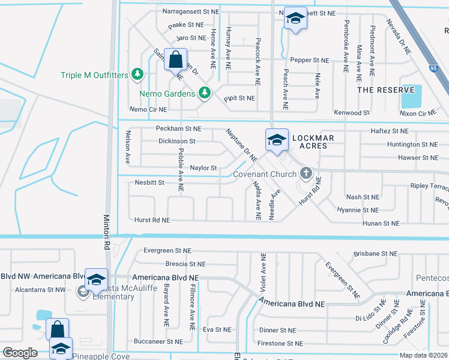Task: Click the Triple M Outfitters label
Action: (x=95, y=75)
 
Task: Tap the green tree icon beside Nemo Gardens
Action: (x=205, y=92)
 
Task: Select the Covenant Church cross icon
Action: (x=306, y=174)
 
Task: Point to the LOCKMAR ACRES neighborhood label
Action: (x=310, y=142)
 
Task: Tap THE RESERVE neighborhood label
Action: (x=378, y=90)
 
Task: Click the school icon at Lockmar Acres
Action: (x=276, y=140)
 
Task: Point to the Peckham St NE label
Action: (x=179, y=129)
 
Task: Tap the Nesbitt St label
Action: (x=149, y=182)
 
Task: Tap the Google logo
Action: (x=20, y=353)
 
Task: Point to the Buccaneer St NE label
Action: (x=158, y=341)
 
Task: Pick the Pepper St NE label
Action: (x=310, y=61)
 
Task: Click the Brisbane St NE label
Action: (x=376, y=254)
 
